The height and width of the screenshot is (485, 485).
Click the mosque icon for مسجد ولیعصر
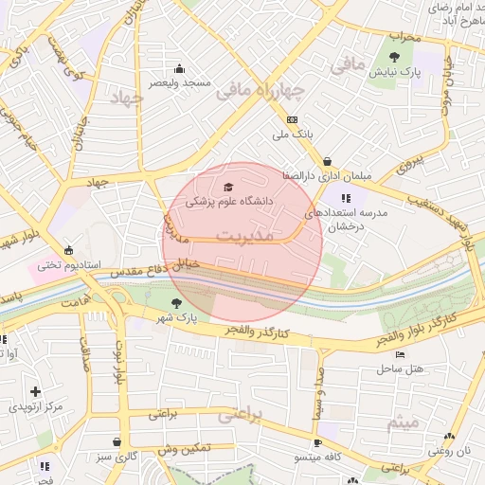point(180,68)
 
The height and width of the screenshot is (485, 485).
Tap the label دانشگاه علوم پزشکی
point(228,202)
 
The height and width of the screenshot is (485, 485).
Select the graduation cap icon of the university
point(227,186)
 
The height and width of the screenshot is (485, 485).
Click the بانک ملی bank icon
point(292,119)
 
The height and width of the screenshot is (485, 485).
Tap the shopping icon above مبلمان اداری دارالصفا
point(327,161)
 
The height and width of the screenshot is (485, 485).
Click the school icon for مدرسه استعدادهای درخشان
point(346,198)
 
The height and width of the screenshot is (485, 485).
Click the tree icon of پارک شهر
point(175,303)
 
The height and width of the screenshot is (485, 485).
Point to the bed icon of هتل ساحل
point(400,355)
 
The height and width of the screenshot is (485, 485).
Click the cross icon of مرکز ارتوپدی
point(35,391)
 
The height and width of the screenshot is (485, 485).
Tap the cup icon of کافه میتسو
point(318,442)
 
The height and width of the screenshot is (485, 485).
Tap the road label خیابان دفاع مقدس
point(156,270)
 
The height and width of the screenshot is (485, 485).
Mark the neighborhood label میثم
point(403,422)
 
